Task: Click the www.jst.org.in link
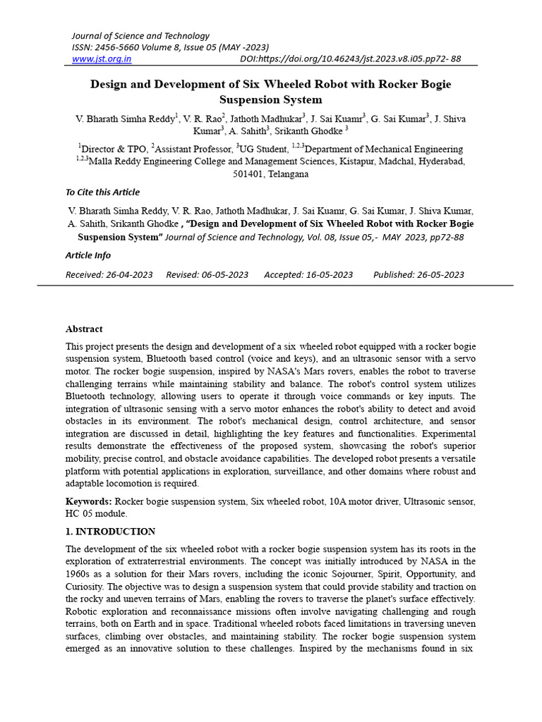click(102, 59)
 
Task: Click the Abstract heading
click(84, 329)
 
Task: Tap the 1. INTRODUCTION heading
click(111, 531)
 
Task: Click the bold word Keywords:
click(89, 501)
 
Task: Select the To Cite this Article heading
click(102, 192)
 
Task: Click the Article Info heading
click(88, 255)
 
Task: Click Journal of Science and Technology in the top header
click(140, 36)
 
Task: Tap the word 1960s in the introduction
click(80, 574)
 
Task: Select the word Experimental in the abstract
click(449, 433)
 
